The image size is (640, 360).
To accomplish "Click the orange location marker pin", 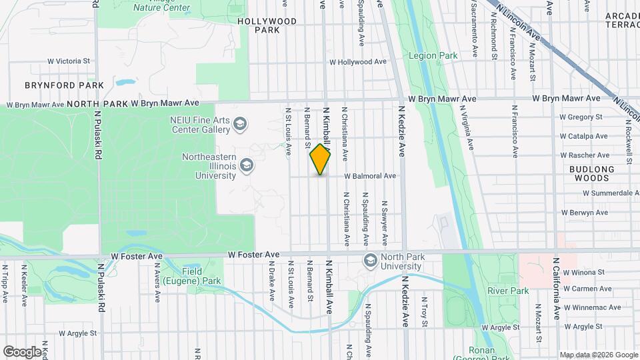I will (x=321, y=159).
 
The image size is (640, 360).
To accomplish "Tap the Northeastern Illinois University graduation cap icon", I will (x=247, y=164).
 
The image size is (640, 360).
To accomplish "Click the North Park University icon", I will (x=370, y=260).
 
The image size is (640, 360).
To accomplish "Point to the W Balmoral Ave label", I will (x=370, y=176).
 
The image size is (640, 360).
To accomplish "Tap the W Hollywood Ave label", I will (x=357, y=62).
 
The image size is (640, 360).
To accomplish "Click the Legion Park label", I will (x=433, y=56).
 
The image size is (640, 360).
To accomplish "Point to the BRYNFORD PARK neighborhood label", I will (x=64, y=85).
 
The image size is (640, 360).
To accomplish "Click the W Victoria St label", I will (x=68, y=61).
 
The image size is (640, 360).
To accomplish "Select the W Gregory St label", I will (x=581, y=117).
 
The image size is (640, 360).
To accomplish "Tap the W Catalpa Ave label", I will (x=583, y=136).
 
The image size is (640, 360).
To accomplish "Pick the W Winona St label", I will (x=583, y=272).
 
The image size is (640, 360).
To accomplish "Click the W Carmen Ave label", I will (x=587, y=289).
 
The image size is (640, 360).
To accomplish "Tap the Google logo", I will (x=22, y=351).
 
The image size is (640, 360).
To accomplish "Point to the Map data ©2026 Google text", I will (x=597, y=355).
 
